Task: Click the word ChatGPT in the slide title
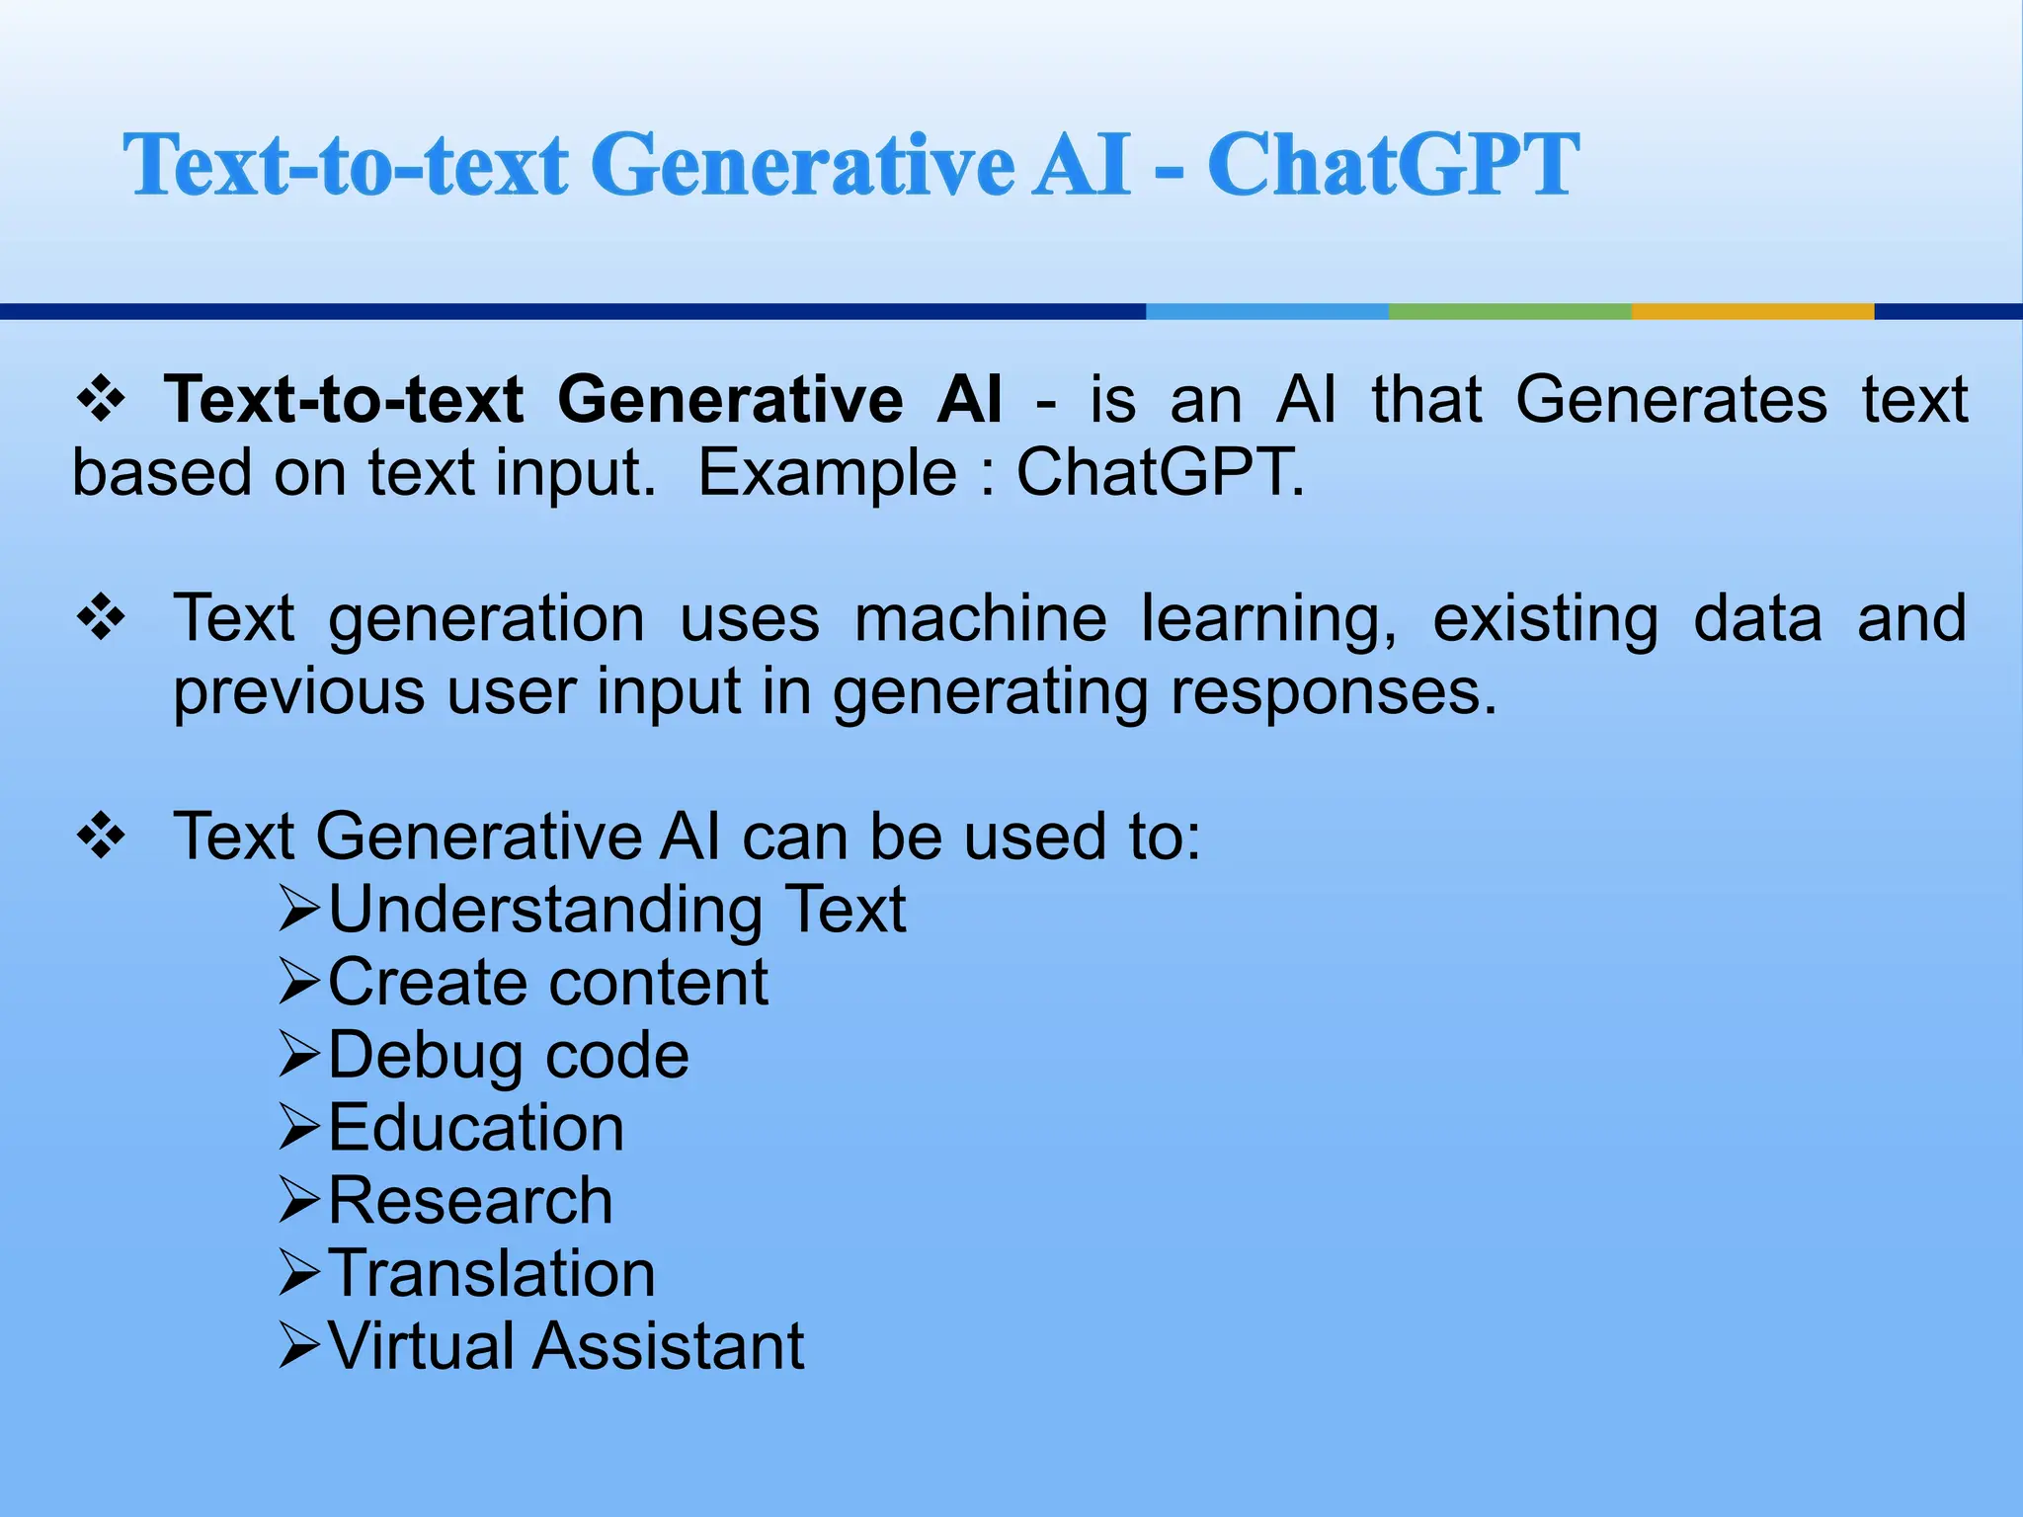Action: coord(1393,165)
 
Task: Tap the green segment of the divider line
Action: coord(1509,311)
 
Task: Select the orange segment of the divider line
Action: coord(1752,311)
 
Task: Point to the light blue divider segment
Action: coord(1266,311)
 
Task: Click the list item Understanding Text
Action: coord(616,910)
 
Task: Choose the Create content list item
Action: coord(548,983)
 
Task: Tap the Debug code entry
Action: coord(509,1056)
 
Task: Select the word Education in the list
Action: coord(476,1128)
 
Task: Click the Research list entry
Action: coord(470,1201)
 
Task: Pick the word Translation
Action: coord(492,1273)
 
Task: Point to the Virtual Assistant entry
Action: coord(566,1346)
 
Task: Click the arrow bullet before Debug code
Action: coord(298,1054)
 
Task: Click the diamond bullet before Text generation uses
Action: coord(102,618)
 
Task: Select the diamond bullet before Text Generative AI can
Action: coord(102,838)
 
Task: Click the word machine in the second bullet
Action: coord(980,619)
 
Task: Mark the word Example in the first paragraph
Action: coord(828,472)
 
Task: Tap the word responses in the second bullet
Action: coord(1334,691)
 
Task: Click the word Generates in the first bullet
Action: coord(1671,400)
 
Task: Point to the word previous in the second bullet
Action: coord(299,691)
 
